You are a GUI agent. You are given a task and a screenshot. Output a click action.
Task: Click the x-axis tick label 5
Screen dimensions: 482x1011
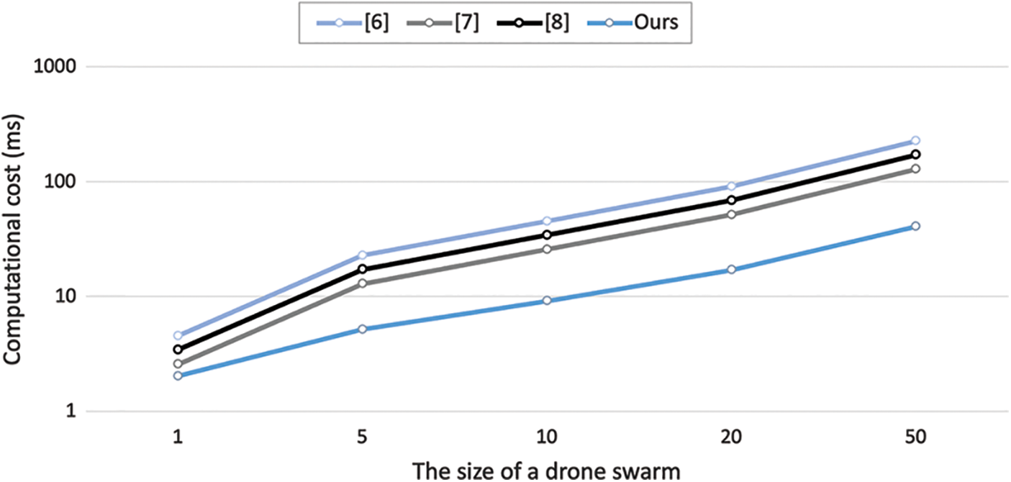tap(362, 437)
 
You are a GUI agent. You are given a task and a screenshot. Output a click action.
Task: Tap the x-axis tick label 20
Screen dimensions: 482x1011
tap(730, 437)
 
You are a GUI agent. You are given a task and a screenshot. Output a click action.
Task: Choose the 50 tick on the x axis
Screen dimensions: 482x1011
tap(915, 437)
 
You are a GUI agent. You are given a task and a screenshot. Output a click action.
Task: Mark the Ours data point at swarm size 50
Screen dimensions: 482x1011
tap(915, 226)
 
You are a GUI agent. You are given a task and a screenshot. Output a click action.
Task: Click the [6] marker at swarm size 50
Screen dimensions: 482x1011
tap(915, 140)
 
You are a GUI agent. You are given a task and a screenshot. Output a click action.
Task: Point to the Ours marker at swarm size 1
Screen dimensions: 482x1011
tap(178, 376)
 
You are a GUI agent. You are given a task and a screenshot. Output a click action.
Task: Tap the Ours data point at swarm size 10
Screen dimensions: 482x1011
tap(547, 301)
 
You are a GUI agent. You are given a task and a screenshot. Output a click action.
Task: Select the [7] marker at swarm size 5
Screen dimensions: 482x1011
tap(362, 283)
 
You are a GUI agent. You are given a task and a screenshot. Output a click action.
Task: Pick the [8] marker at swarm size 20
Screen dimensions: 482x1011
tap(731, 200)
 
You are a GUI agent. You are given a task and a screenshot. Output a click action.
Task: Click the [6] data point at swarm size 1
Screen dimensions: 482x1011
tap(178, 335)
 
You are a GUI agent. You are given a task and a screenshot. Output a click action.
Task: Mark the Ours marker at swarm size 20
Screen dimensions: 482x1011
tap(731, 270)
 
